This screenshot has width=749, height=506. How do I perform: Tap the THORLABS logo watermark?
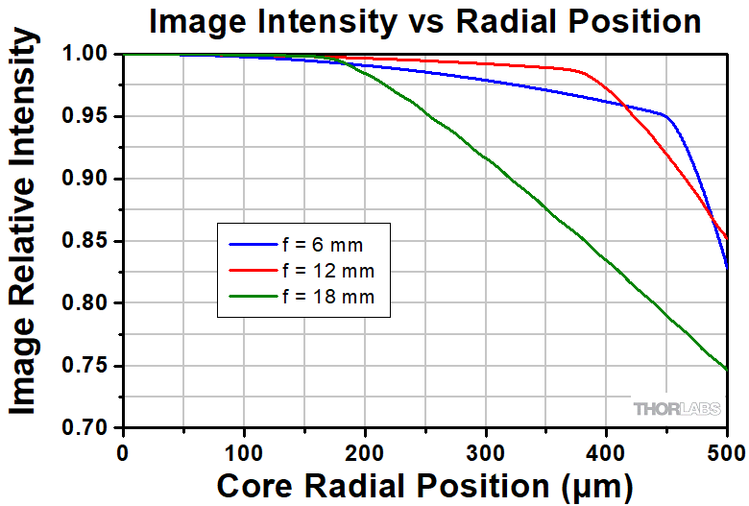672,409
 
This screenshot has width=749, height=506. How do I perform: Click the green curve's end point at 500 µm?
727,370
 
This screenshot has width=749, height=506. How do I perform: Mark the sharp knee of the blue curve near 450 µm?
665,115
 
